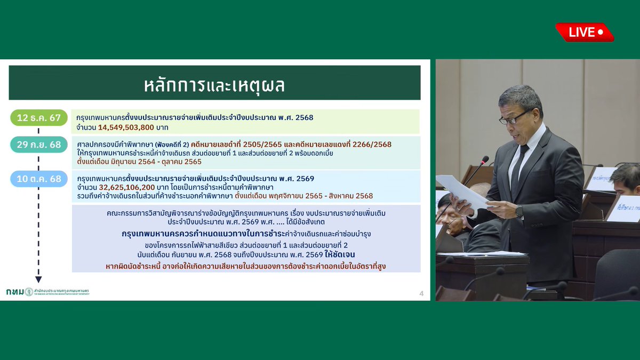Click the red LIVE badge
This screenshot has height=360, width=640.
click(x=584, y=33)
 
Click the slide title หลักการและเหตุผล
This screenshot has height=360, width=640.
click(x=214, y=84)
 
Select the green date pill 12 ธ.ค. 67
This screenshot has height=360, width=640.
click(x=39, y=118)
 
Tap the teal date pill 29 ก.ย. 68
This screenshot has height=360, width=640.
click(x=39, y=145)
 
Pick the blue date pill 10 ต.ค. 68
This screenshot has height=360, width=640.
click(x=39, y=179)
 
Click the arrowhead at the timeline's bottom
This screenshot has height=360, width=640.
click(x=38, y=279)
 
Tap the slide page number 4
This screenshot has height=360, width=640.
click(x=421, y=293)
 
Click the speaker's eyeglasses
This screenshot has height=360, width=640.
click(x=515, y=118)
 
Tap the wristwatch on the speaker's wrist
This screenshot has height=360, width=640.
click(x=519, y=211)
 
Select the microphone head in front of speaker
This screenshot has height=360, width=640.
click(x=484, y=159)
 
